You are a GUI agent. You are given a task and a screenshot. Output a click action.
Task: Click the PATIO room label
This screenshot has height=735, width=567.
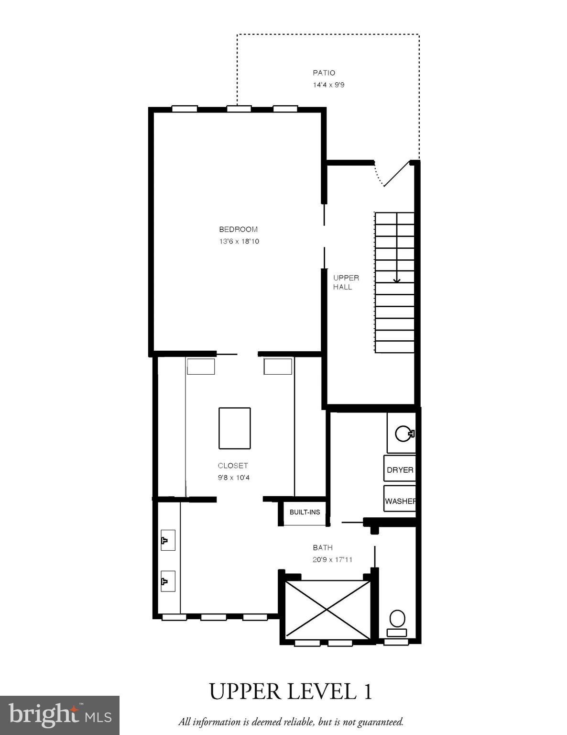point(324,73)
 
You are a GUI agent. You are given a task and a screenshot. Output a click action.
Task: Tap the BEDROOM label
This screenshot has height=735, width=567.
point(238,229)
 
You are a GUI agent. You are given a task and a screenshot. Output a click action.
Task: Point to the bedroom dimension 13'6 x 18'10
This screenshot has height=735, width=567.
point(239,241)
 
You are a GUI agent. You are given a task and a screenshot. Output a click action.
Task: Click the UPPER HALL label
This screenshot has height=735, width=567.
point(346,282)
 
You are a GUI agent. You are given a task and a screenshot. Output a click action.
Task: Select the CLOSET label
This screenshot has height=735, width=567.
point(233,466)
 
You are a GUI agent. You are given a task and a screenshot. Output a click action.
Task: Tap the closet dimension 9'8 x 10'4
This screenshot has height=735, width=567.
point(234,478)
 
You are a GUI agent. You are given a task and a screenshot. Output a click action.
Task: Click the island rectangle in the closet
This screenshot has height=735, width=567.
point(234,428)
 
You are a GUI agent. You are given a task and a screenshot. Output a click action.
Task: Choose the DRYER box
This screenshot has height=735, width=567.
point(400,470)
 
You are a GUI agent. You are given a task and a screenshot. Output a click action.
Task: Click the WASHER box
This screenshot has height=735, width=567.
point(400,501)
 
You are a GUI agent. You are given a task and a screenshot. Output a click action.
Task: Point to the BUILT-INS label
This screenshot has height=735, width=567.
point(305,512)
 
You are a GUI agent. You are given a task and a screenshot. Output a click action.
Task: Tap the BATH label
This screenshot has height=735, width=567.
point(323,547)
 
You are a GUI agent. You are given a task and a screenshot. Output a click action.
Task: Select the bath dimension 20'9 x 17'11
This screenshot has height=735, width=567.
point(332,559)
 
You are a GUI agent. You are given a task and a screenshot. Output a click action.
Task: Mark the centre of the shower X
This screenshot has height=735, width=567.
point(327,610)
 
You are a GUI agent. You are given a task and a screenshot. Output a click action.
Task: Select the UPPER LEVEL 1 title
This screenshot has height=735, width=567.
point(291,692)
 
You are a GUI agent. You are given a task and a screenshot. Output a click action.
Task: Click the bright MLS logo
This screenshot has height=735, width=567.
point(59,715)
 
